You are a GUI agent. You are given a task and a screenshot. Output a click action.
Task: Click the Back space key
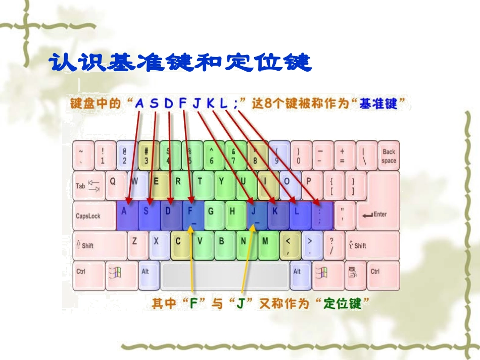(x=388, y=155)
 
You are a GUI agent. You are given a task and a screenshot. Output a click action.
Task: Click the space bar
(x=225, y=276)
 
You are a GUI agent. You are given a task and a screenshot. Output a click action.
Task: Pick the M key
(x=266, y=245)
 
